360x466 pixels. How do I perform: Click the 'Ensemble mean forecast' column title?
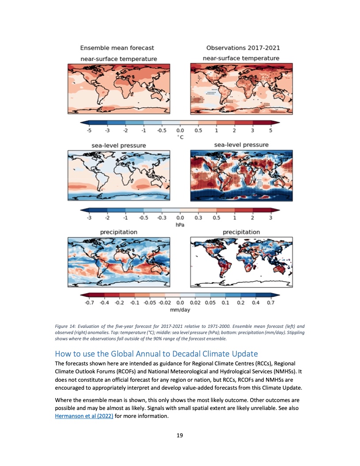pos(117,48)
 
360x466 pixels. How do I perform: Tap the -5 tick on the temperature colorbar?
pos(89,131)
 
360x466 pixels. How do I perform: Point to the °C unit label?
pos(180,137)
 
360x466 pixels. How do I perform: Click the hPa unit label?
pos(180,225)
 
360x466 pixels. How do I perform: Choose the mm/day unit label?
pos(180,310)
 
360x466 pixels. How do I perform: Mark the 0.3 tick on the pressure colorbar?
pos(198,218)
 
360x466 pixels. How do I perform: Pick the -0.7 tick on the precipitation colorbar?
pos(90,303)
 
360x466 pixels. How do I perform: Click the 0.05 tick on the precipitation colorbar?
pos(210,303)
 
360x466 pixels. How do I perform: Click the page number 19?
pos(180,436)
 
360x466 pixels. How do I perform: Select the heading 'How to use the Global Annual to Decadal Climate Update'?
pos(156,354)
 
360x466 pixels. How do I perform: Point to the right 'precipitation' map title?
pos(241,232)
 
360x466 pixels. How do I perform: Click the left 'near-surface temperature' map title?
pos(118,59)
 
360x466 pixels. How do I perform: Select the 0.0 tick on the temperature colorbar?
pos(180,131)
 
